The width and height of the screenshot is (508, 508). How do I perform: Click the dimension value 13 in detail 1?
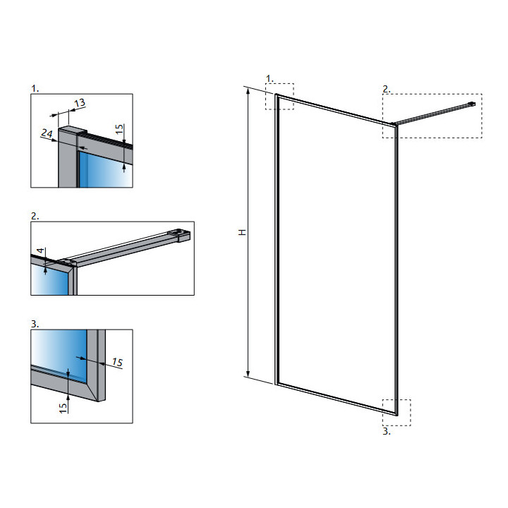[x=79, y=103]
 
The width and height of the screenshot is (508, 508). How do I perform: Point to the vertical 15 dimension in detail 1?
[x=120, y=129]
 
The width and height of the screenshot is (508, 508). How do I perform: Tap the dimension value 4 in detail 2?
[x=42, y=252]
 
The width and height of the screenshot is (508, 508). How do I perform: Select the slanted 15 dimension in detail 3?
[x=117, y=363]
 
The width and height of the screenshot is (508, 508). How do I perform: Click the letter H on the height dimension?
[x=241, y=232]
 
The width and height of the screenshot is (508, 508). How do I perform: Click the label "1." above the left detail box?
[x=35, y=88]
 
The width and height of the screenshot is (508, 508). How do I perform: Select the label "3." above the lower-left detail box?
[x=35, y=323]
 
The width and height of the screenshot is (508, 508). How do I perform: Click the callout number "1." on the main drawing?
[x=269, y=77]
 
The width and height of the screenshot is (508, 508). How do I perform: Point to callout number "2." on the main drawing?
[x=386, y=89]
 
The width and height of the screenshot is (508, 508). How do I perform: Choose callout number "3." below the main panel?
[x=386, y=432]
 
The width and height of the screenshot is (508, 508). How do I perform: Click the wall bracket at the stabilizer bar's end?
[x=472, y=105]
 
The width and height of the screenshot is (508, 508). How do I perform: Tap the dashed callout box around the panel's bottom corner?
[x=397, y=412]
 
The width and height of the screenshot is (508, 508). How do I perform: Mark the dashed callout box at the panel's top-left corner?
[x=279, y=96]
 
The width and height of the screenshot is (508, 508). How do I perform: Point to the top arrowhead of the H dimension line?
[x=248, y=92]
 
